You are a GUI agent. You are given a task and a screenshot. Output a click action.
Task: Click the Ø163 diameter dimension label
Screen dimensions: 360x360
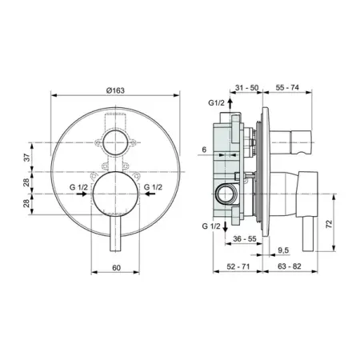pyautogui.click(x=115, y=90)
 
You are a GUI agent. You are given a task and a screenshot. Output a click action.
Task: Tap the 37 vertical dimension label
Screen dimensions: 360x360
pyautogui.click(x=27, y=158)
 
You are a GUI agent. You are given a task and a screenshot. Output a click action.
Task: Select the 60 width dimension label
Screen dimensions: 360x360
pyautogui.click(x=116, y=267)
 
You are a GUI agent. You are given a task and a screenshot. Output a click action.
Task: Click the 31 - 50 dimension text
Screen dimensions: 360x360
pyautogui.click(x=246, y=87)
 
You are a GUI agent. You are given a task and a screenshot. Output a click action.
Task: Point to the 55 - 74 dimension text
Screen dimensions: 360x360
pyautogui.click(x=287, y=87)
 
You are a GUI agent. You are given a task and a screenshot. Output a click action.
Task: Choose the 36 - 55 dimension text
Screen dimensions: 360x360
pyautogui.click(x=245, y=238)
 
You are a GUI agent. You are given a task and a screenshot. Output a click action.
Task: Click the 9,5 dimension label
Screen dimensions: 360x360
pyautogui.click(x=283, y=250)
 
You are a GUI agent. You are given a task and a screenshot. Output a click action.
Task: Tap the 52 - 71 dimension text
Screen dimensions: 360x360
pyautogui.click(x=238, y=266)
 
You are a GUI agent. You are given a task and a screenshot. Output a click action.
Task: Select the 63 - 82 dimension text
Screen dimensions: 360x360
pyautogui.click(x=290, y=266)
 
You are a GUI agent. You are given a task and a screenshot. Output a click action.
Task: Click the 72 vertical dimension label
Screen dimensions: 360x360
pyautogui.click(x=330, y=223)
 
